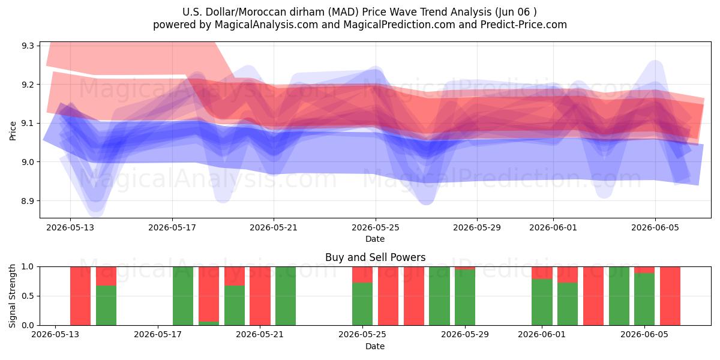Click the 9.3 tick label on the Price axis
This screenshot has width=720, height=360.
point(28,46)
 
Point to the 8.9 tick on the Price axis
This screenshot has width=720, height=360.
point(28,201)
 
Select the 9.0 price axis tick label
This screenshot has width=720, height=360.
point(28,162)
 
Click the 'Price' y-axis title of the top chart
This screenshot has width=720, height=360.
point(13,131)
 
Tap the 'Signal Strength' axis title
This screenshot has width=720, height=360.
point(12,296)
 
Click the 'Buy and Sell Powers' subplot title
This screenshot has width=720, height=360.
point(375,257)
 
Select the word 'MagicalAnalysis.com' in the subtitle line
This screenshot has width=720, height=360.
point(266,25)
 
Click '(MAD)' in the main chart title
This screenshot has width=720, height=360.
point(343,12)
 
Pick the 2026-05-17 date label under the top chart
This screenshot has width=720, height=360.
point(172,227)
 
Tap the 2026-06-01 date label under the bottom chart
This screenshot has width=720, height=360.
point(542,334)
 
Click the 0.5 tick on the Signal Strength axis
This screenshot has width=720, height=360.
point(28,296)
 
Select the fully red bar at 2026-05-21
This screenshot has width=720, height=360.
point(260,296)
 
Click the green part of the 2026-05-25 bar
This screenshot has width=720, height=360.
point(362,304)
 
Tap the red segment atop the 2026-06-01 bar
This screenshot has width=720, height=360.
point(542,273)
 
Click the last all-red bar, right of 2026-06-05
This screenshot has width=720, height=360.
point(670,296)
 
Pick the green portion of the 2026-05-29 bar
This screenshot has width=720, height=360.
point(465,298)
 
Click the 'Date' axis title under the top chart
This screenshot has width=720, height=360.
point(375,239)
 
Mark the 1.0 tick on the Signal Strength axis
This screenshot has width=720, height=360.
point(28,267)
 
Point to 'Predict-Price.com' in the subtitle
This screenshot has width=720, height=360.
point(524,25)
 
